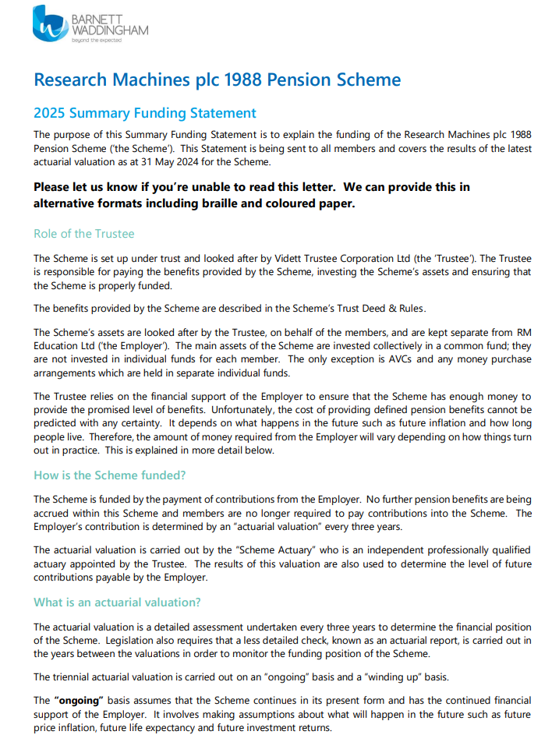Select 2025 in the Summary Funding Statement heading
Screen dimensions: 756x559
point(50,114)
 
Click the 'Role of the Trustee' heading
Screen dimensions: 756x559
point(84,234)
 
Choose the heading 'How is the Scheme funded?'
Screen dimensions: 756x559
point(110,475)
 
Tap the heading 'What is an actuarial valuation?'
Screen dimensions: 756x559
point(118,602)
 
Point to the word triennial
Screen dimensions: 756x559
point(73,677)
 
